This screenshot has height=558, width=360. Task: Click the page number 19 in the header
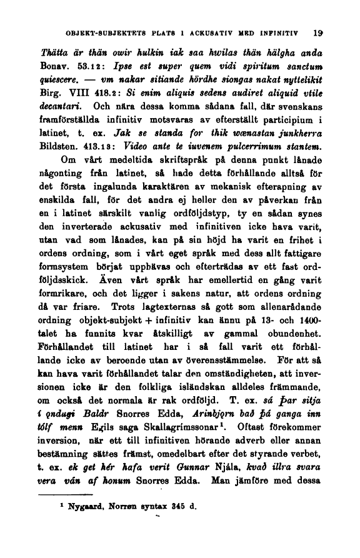coord(318,29)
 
